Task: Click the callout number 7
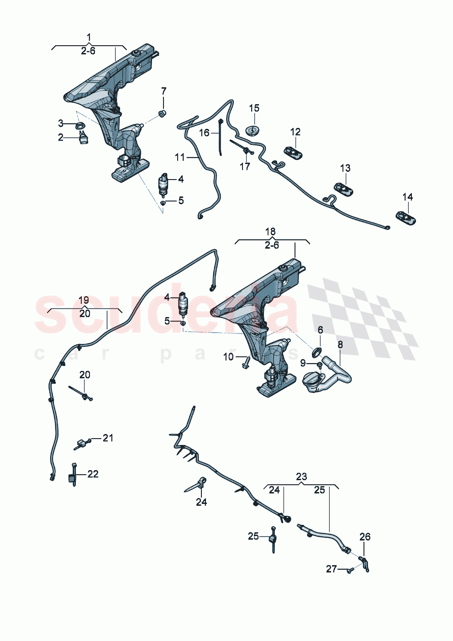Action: (163, 91)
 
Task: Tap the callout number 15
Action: (254, 108)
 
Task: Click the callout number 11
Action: (180, 157)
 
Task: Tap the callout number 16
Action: (204, 132)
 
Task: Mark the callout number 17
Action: (245, 166)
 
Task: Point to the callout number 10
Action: (228, 357)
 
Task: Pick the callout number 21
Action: (108, 438)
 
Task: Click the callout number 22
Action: (93, 474)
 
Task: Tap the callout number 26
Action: (364, 537)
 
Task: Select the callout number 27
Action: (332, 569)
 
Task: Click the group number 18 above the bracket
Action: (271, 232)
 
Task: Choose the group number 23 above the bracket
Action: (301, 477)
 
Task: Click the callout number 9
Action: (303, 363)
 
